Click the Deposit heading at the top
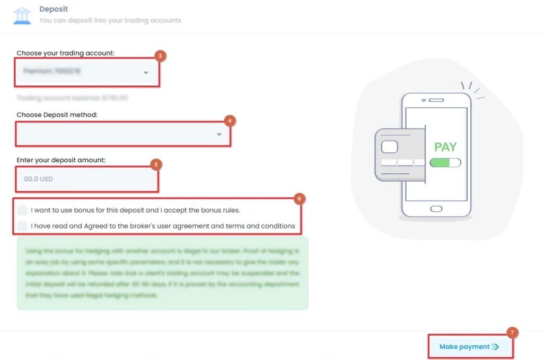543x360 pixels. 54,9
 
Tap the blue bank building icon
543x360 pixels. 22,15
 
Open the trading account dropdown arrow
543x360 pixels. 146,73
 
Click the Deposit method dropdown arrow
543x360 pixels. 219,135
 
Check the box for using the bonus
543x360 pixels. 22,209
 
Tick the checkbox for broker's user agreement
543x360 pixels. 22,226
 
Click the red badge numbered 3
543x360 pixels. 160,56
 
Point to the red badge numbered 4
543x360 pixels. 229,121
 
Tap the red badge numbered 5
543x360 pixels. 155,164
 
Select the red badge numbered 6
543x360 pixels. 299,199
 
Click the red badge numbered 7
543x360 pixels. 512,332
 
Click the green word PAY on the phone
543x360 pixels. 445,147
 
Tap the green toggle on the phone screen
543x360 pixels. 445,163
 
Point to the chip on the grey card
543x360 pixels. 389,146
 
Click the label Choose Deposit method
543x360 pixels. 57,115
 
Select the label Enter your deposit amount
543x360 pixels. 62,160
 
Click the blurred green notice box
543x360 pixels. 162,273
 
